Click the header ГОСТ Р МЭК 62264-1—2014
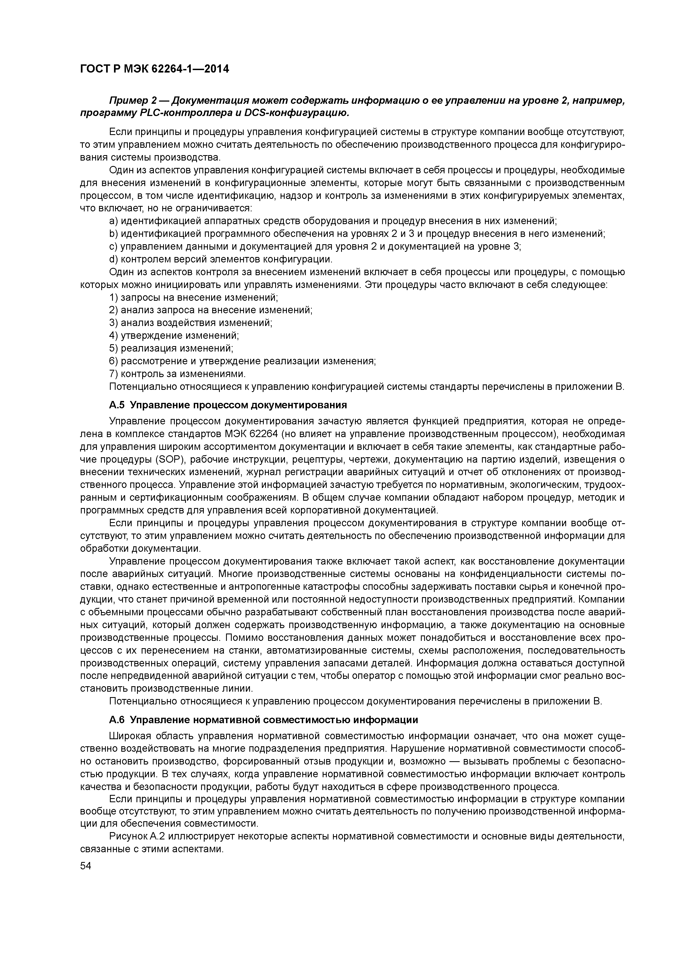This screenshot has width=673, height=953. (154, 69)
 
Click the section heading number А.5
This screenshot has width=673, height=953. (117, 405)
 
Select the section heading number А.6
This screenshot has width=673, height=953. (117, 720)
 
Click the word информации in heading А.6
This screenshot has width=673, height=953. (389, 720)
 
